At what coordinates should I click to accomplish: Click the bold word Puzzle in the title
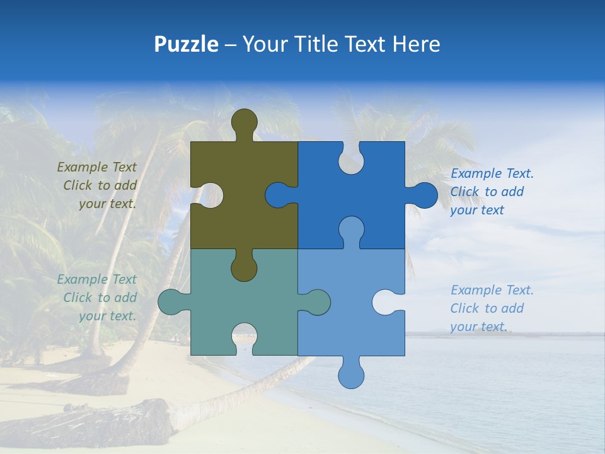coord(187,44)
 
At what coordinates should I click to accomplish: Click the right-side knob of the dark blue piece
coord(423,195)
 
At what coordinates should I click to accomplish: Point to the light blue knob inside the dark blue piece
coord(351,230)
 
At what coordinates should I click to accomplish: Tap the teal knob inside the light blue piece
coord(315,302)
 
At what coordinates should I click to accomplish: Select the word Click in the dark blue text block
coord(464,192)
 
